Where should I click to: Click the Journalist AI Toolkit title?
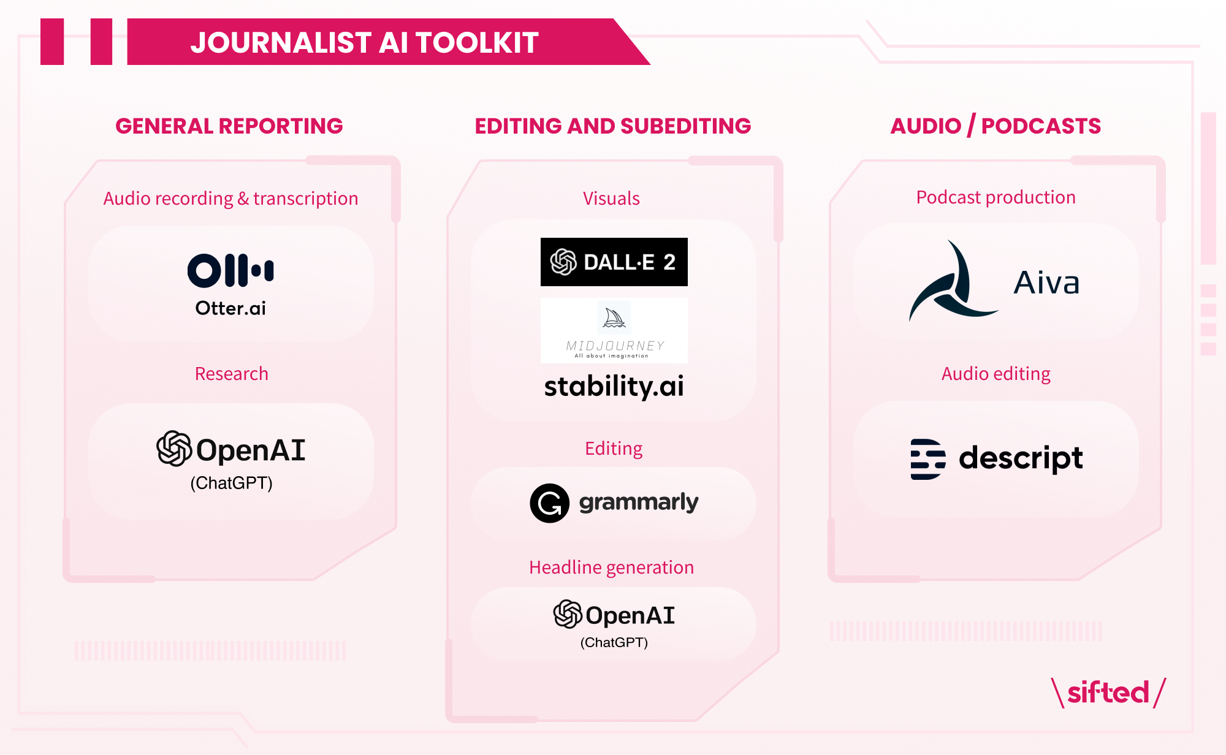coord(364,43)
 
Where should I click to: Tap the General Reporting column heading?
coord(229,126)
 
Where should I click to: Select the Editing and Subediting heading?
coord(613,126)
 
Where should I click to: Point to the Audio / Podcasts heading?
coord(996,126)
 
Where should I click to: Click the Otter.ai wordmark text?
coord(230,308)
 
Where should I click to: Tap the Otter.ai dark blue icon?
coord(230,270)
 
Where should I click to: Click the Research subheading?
coord(232,374)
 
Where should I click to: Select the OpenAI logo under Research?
coord(231,449)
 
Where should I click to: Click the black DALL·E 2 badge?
coord(614,262)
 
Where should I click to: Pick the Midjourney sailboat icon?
coord(614,317)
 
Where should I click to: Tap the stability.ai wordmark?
coord(614,387)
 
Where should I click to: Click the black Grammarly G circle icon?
coord(550,503)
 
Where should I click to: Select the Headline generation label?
coord(612,567)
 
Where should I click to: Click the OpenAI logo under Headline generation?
coord(614,615)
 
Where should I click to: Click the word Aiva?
coord(1046,283)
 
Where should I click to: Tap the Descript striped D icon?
coord(928,459)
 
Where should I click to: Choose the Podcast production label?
coord(996,197)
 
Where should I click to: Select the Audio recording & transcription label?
coord(230,199)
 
